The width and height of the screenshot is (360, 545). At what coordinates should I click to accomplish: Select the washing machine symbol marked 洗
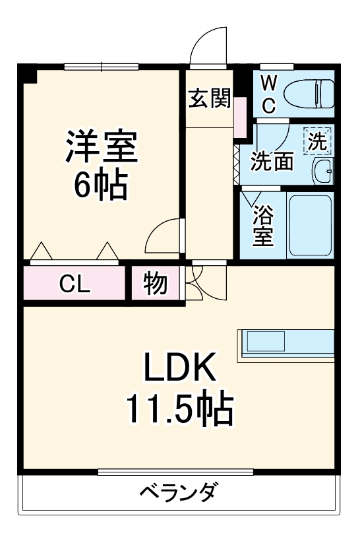[318, 141]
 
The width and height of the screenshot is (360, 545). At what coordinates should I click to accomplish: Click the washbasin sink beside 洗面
[323, 172]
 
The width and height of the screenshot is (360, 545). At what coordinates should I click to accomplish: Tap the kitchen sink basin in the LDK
[264, 342]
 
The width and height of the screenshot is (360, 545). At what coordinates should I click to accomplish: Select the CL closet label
[75, 284]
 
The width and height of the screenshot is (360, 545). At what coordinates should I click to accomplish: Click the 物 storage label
[156, 284]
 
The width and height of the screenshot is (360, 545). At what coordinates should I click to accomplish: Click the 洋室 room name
[100, 148]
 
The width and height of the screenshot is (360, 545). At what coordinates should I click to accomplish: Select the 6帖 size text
[100, 186]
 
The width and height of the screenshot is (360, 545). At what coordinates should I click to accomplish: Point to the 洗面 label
[273, 162]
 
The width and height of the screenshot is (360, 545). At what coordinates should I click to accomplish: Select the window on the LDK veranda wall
[175, 471]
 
